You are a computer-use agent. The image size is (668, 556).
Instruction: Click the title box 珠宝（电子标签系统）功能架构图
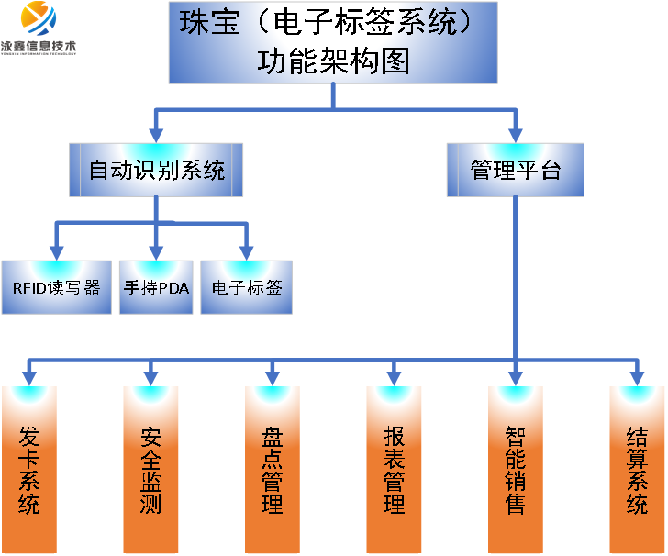[x=333, y=42]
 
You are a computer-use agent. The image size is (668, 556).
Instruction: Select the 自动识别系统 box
[x=156, y=170]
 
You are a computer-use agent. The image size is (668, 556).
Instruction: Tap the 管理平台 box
[x=515, y=170]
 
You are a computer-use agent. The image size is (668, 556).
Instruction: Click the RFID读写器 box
[x=56, y=287]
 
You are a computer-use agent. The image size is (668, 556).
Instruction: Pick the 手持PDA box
[x=156, y=287]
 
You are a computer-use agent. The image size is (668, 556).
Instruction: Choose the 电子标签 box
[x=246, y=287]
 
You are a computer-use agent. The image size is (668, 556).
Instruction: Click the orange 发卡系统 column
[x=29, y=468]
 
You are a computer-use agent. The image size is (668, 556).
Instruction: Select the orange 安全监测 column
[x=151, y=468]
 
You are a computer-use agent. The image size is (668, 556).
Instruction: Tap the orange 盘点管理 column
[x=273, y=468]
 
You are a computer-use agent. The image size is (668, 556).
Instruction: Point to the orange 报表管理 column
[x=394, y=468]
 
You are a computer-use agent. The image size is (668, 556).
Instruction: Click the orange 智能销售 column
[x=515, y=468]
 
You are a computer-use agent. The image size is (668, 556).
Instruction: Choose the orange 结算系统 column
[x=637, y=468]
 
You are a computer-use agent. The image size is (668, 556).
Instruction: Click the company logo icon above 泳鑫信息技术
[x=39, y=18]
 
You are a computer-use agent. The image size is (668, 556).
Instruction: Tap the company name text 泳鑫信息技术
[x=39, y=45]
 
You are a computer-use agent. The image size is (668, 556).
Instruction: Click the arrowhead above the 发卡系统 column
[x=29, y=376]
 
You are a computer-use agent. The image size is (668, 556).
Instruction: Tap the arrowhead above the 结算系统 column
[x=637, y=376]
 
